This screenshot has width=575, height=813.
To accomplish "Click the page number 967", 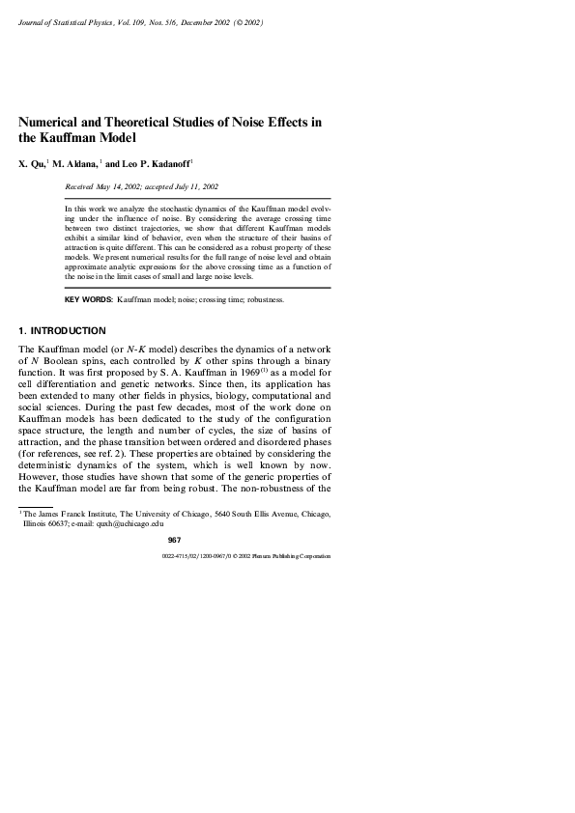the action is pos(174,540).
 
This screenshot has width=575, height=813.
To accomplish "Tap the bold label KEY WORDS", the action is pos(88,300).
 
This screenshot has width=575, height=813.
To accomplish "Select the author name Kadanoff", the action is pos(170,165).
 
